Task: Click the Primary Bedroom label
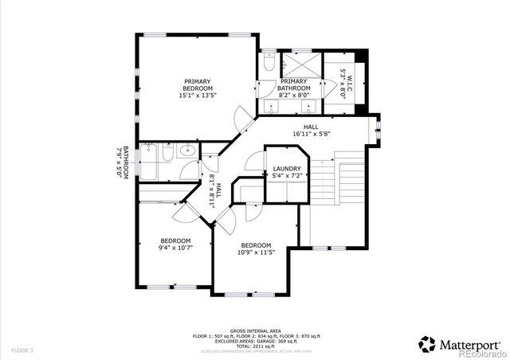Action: click(198, 88)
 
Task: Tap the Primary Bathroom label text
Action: click(293, 88)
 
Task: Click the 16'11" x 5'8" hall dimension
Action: click(311, 134)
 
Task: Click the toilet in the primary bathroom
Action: click(269, 62)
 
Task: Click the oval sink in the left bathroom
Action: click(189, 151)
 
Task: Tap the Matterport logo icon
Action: click(427, 344)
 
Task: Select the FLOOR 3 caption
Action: click(22, 350)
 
